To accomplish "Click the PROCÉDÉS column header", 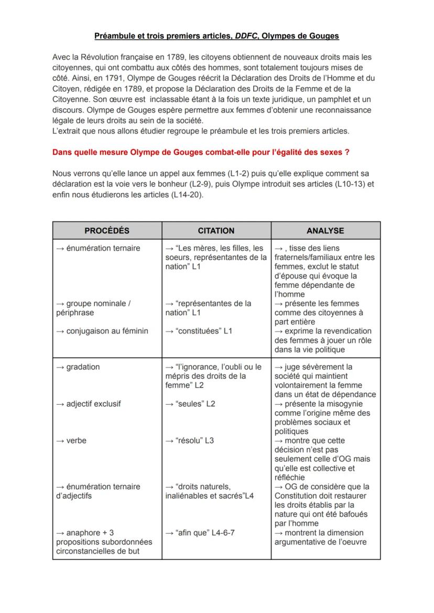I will (x=107, y=230).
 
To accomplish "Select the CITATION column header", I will (x=216, y=230).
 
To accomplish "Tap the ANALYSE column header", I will (x=325, y=230).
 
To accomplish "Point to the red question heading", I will (x=201, y=153).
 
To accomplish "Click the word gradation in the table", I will (x=82, y=367).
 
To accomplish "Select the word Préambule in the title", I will (x=114, y=36).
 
